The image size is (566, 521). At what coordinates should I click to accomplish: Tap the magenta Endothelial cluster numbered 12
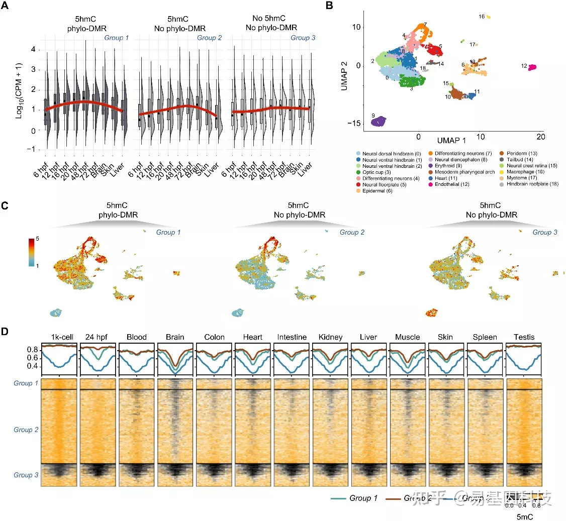[532, 67]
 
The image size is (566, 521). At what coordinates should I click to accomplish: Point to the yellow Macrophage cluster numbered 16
[488, 17]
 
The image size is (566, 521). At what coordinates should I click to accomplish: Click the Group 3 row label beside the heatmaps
[26, 474]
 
